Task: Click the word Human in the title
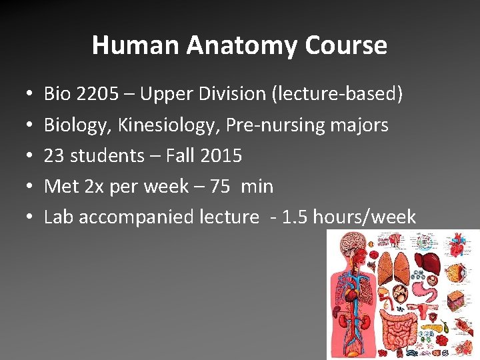tap(136, 45)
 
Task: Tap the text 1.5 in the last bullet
tap(295, 217)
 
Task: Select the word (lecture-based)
tap(337, 94)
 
